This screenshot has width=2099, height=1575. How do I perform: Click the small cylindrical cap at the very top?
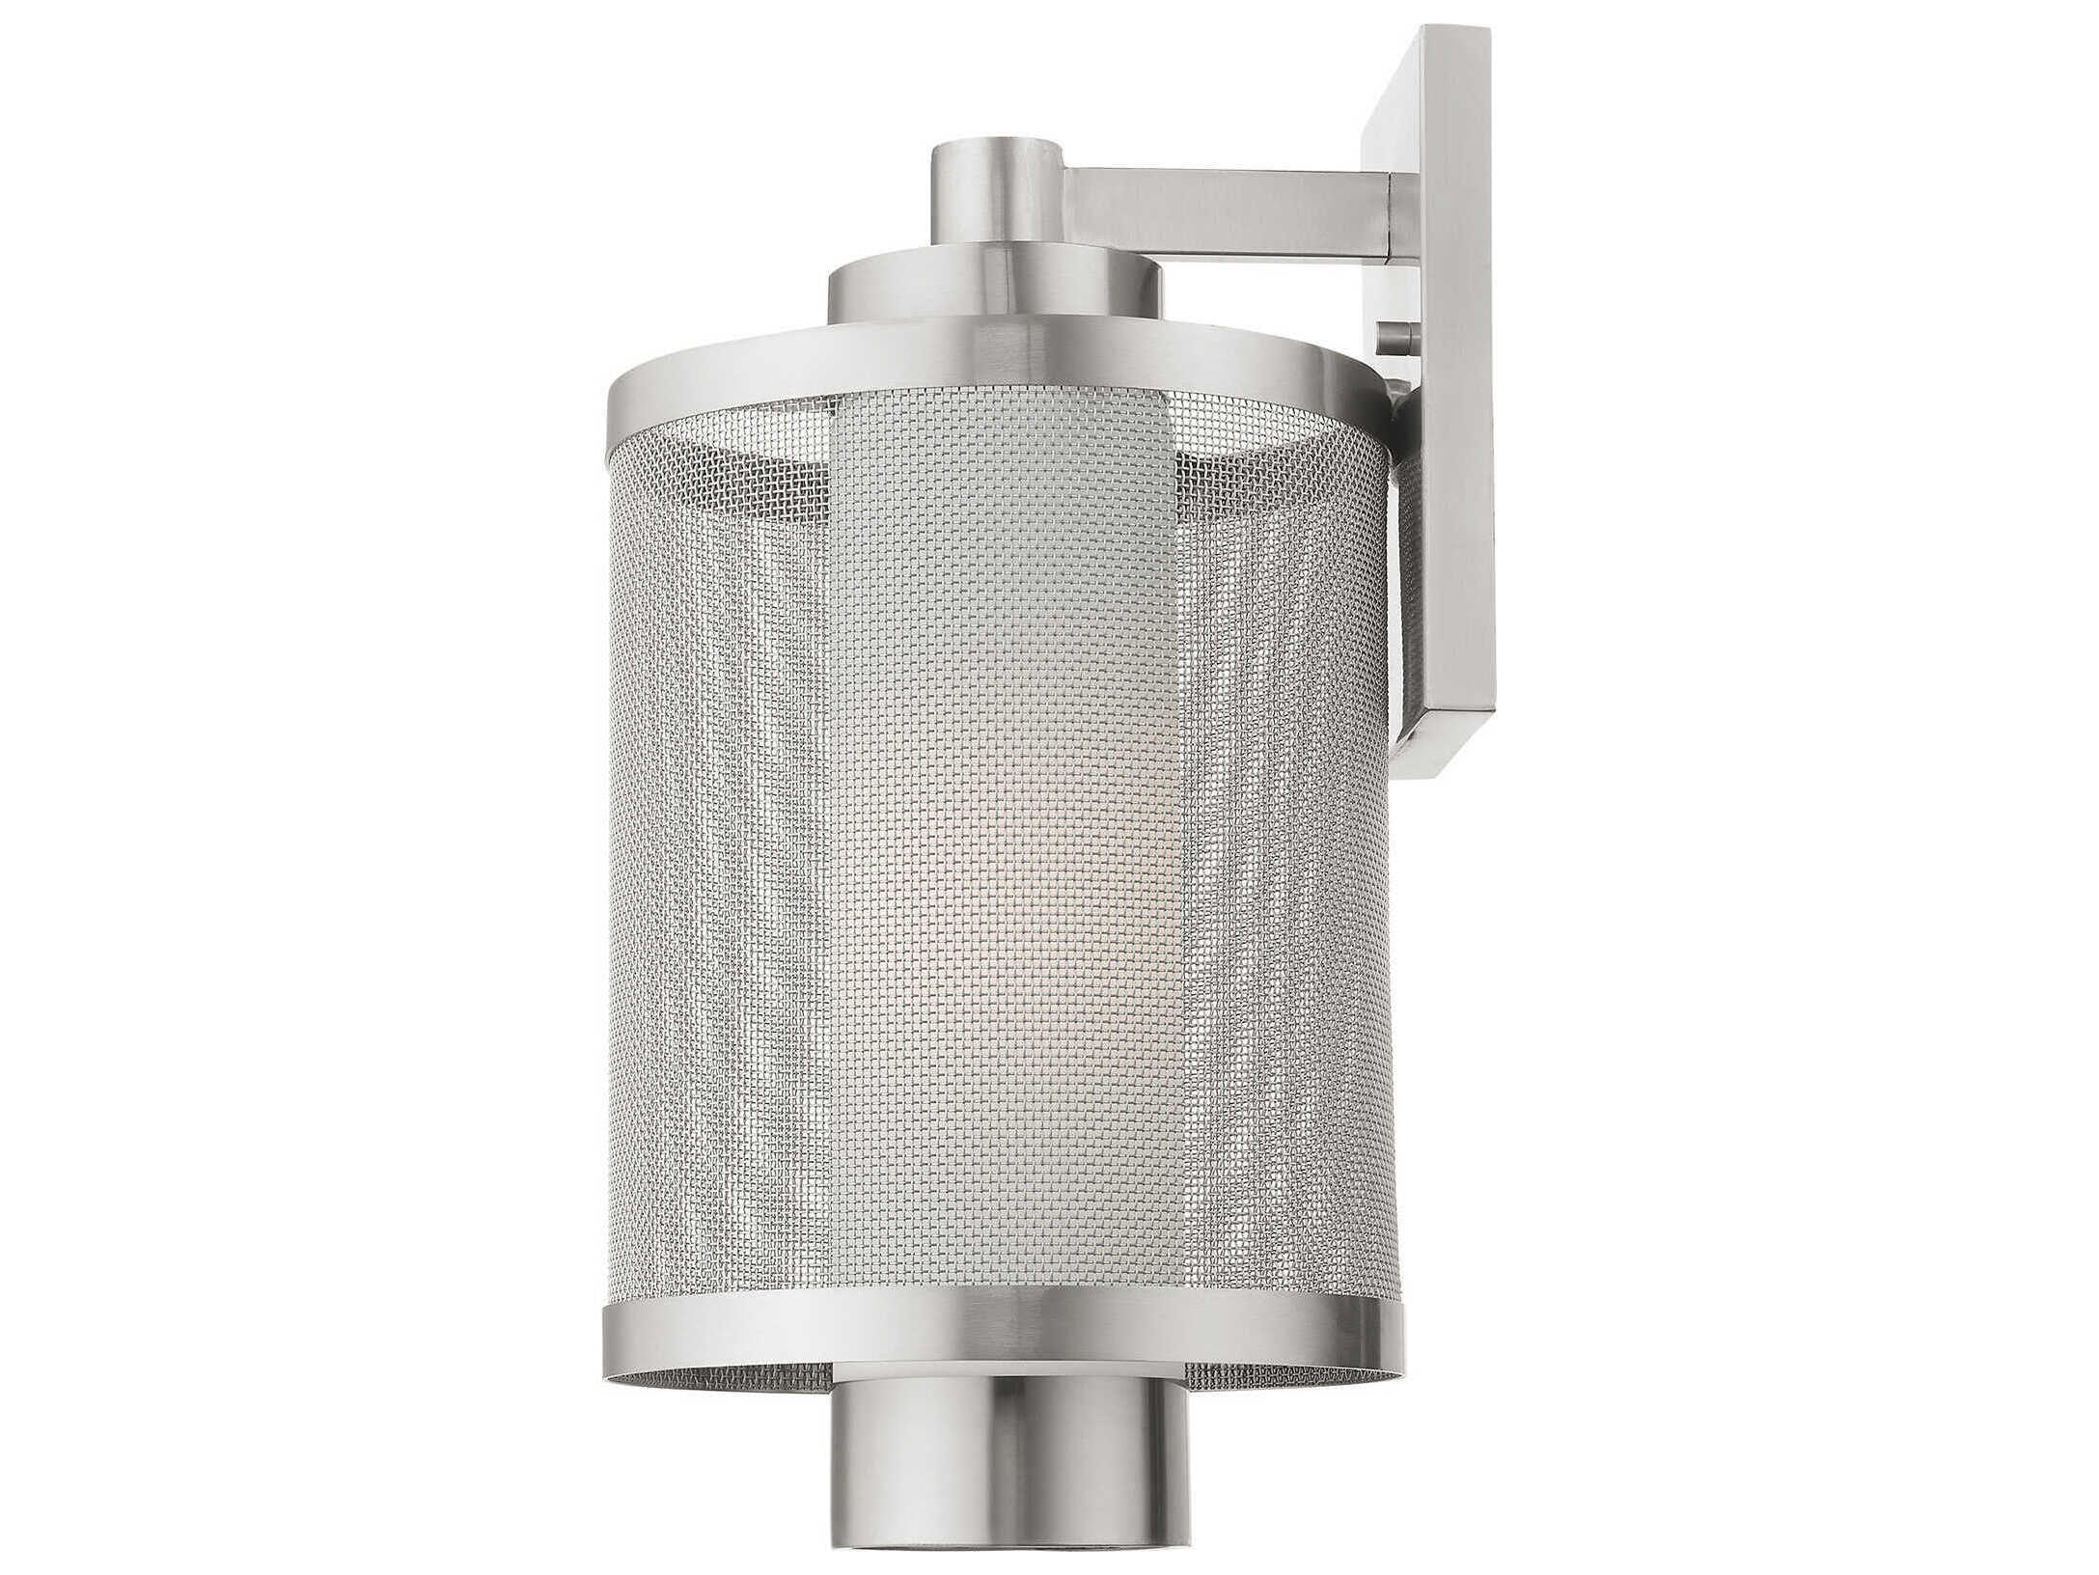click(x=995, y=207)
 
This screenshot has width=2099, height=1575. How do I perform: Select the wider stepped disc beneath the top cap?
click(x=995, y=294)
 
